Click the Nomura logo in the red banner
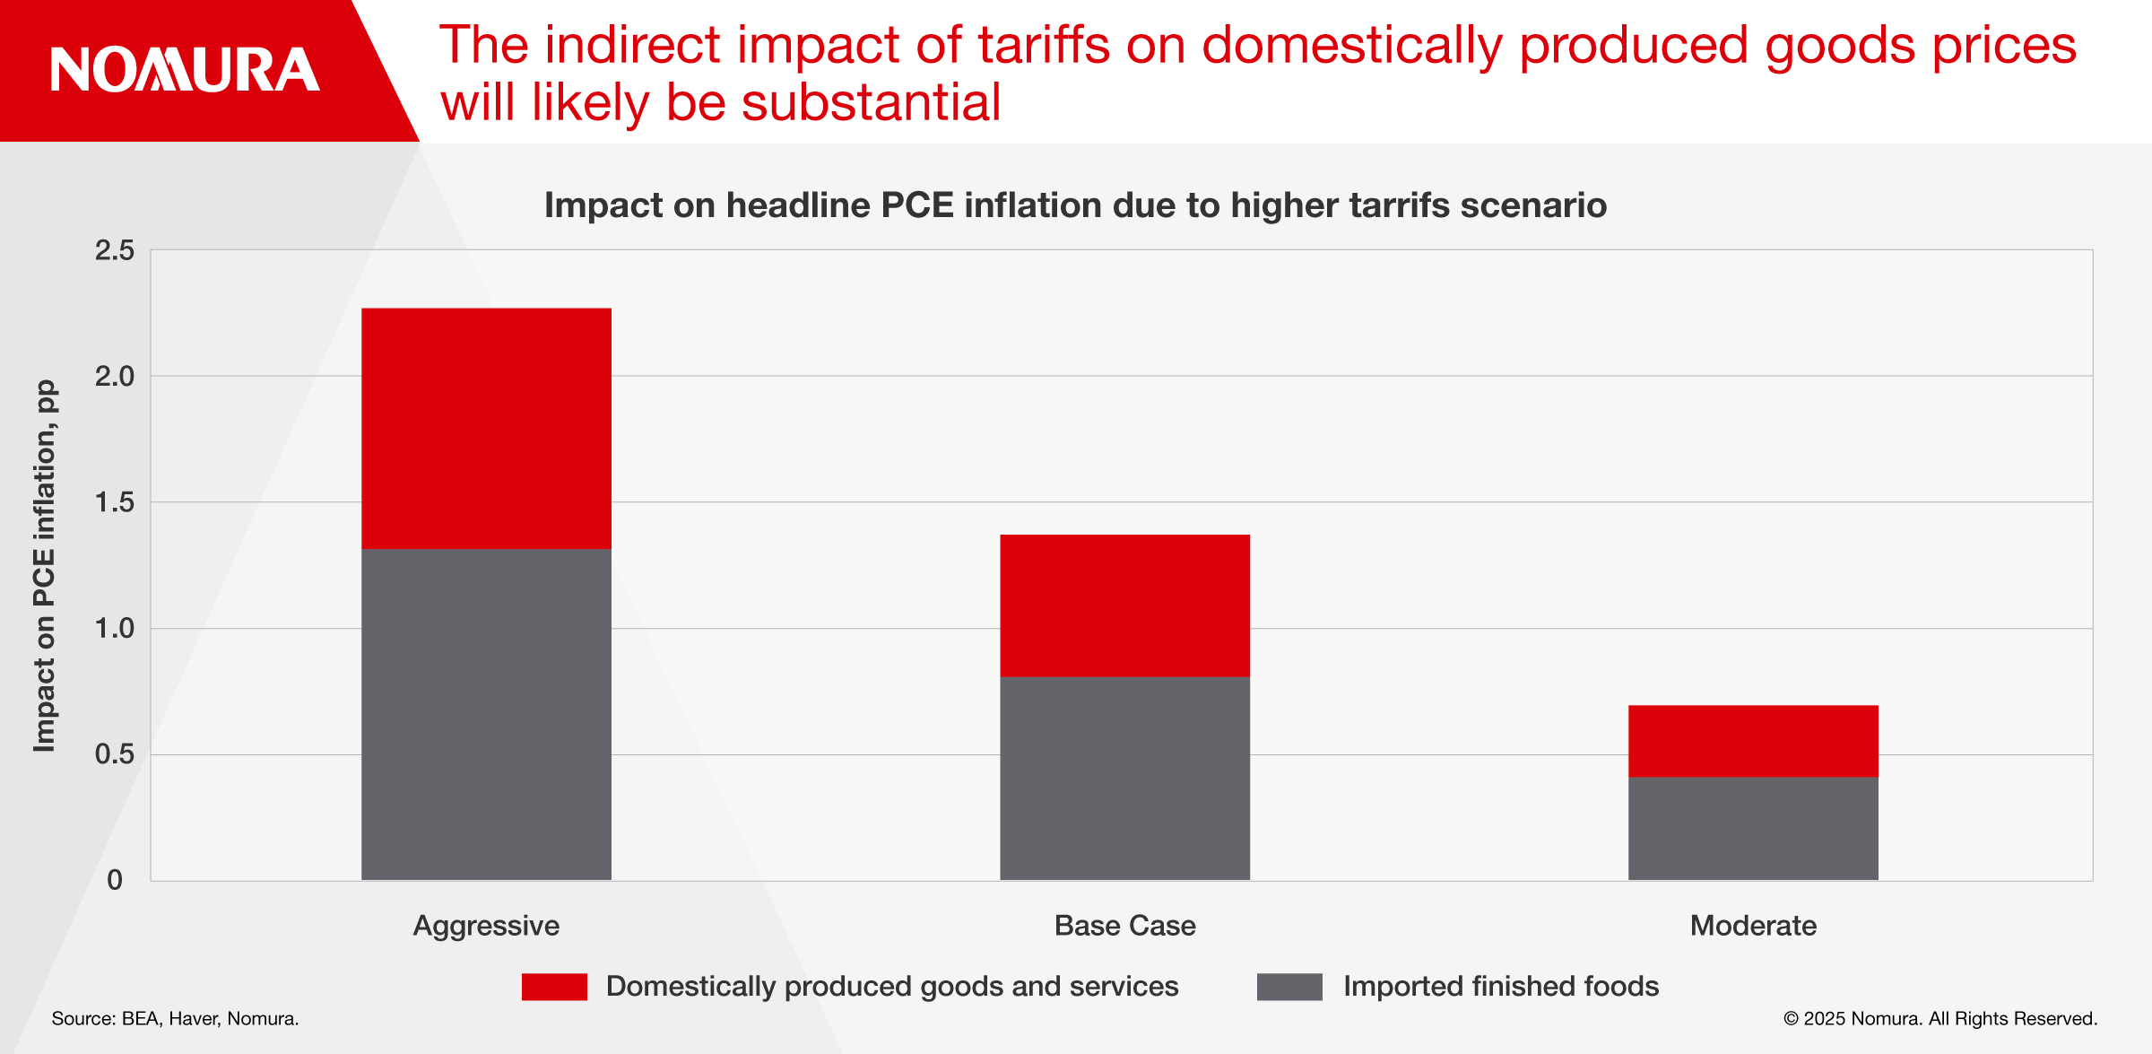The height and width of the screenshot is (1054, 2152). (185, 70)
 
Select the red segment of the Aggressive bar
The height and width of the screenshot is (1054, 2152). (486, 428)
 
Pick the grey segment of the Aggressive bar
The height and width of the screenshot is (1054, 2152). (486, 714)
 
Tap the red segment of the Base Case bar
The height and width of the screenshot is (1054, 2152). (1124, 605)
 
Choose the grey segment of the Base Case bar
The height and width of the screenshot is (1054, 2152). (1124, 778)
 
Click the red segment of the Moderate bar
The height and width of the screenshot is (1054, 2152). (1753, 741)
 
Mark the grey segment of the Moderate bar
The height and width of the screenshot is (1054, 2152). (1753, 828)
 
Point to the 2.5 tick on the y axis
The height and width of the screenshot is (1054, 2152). (115, 250)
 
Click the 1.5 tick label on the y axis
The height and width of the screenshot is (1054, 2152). (115, 502)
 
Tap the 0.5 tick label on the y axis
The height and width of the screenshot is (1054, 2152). (115, 754)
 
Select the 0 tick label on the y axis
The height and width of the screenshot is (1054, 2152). (115, 880)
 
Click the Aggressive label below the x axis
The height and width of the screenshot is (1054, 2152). (486, 926)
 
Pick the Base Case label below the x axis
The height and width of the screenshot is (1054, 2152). (1124, 926)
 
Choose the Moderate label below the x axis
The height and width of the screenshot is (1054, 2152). (1753, 926)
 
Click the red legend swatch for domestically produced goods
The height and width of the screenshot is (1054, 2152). (554, 987)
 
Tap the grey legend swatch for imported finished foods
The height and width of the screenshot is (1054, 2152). (1289, 987)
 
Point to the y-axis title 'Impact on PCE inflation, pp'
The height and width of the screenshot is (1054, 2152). (45, 565)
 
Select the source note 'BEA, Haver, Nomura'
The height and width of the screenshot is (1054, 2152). (175, 1019)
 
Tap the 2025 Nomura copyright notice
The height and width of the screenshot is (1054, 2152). (1940, 1019)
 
